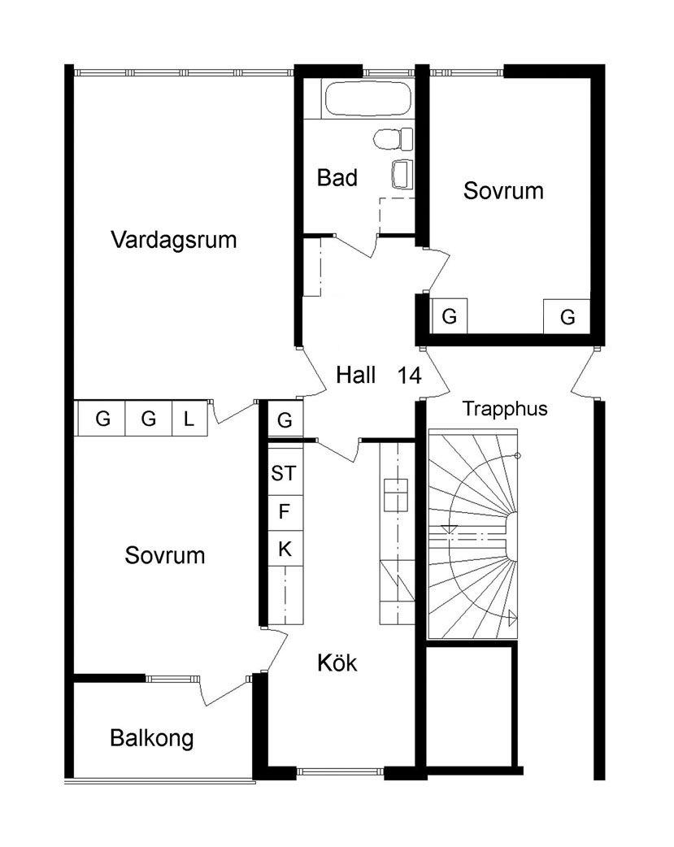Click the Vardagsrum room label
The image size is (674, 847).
click(x=175, y=241)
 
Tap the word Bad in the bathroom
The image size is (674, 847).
click(x=337, y=178)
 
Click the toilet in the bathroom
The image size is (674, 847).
click(x=389, y=139)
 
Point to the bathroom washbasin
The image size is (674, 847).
click(x=402, y=173)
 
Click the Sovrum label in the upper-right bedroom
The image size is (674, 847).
click(x=503, y=192)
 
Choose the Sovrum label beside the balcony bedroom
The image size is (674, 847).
click(x=165, y=557)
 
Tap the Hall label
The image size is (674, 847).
click(x=356, y=376)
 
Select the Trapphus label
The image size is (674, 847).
click(x=505, y=409)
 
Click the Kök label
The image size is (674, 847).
click(x=337, y=663)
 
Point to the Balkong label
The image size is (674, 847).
click(x=152, y=739)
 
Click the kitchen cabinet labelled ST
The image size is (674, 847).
click(x=285, y=474)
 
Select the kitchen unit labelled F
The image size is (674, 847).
click(x=285, y=511)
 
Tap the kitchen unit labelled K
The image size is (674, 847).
click(x=285, y=549)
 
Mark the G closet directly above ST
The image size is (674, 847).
click(x=285, y=420)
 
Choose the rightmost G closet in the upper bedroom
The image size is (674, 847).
click(x=567, y=316)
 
